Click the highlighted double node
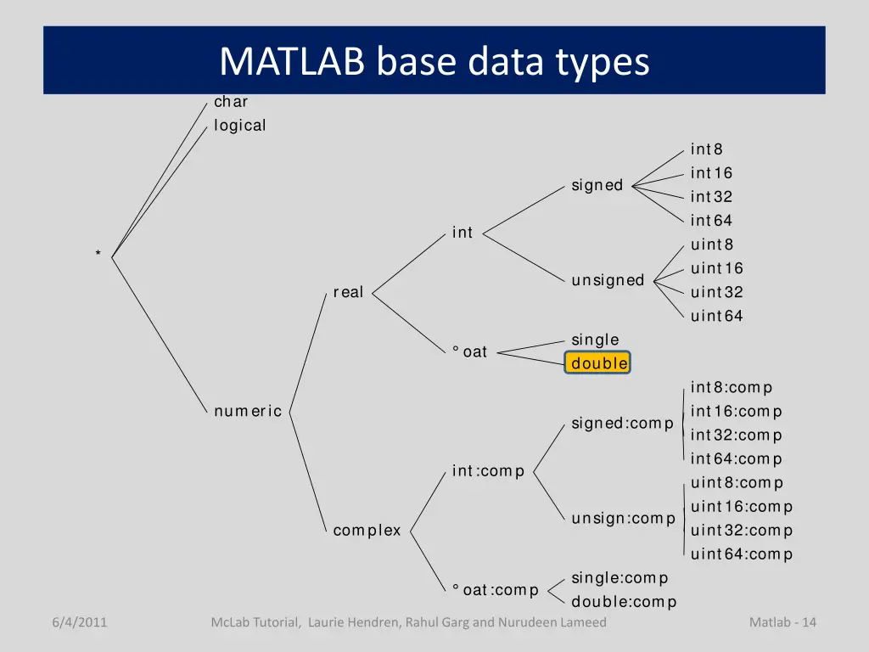pos(598,363)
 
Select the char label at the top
pos(231,102)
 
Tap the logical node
pos(240,126)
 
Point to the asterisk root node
pos(98,254)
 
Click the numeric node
pos(248,412)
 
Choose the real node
pos(348,292)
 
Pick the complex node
pos(367,531)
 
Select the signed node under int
pos(597,185)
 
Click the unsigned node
pos(608,280)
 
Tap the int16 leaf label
pos(711,173)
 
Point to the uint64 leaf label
pos(717,317)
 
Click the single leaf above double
pos(595,340)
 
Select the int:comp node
pos(488,470)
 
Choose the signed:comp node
pos(622,423)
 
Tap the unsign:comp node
pos(623,518)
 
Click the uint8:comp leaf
pos(737,483)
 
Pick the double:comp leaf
pos(624,602)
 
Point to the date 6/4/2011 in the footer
pos(79,622)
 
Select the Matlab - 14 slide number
pos(782,622)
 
